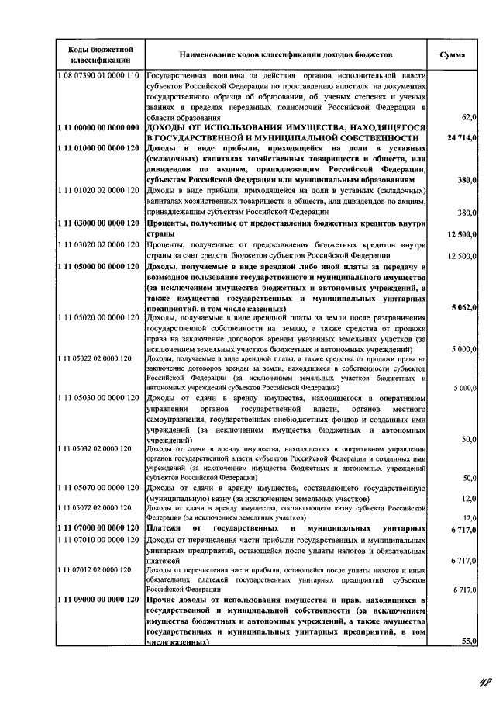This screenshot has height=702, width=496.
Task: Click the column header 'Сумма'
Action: point(452,55)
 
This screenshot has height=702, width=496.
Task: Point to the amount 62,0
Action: point(468,116)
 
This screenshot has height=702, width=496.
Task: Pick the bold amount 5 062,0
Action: point(462,308)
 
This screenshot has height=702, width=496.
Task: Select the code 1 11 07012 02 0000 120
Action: point(96,570)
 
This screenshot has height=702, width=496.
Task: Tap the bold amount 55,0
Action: point(467,641)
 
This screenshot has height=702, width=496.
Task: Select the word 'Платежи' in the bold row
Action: point(165,528)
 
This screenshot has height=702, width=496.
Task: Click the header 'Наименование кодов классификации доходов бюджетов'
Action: point(286,55)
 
